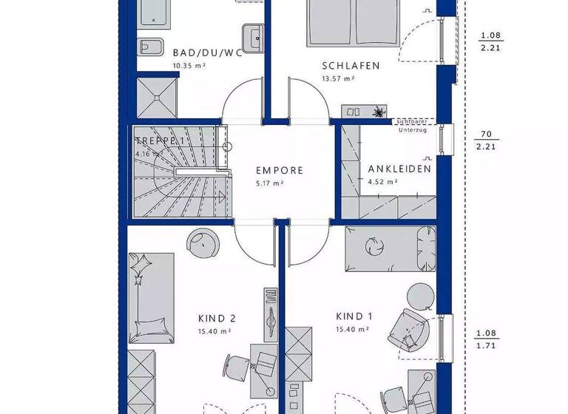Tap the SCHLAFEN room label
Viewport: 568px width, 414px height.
[350, 66]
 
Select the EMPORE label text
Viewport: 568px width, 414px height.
[279, 170]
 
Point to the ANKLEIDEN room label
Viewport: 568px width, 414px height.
[399, 168]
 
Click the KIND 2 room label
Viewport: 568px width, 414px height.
[217, 319]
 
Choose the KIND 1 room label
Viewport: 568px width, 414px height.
[354, 316]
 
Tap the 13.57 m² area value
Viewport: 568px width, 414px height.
[338, 79]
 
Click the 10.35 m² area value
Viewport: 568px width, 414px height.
[189, 66]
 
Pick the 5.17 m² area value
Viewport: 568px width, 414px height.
[268, 183]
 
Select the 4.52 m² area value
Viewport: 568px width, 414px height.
[383, 181]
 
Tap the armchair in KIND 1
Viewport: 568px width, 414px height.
[406, 327]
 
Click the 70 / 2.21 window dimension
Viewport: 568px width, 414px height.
[486, 140]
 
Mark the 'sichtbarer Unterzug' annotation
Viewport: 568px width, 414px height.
[413, 126]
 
